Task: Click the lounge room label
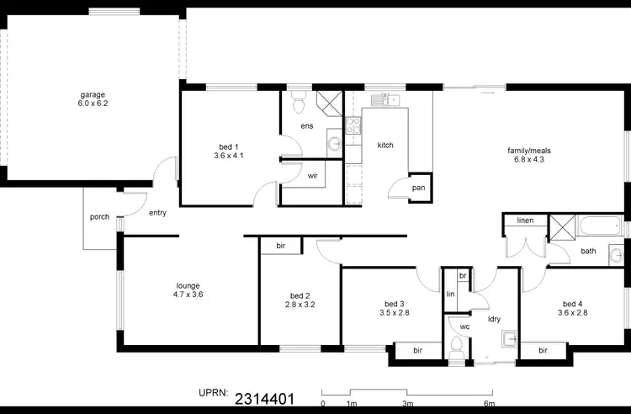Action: tap(188, 289)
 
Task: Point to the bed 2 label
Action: tap(300, 300)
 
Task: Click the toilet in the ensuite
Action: tap(297, 105)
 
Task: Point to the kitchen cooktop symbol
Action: tap(354, 128)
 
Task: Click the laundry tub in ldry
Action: tap(507, 339)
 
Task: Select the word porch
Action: tap(99, 217)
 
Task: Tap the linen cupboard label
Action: tap(525, 220)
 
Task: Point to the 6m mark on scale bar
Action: tap(488, 403)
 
